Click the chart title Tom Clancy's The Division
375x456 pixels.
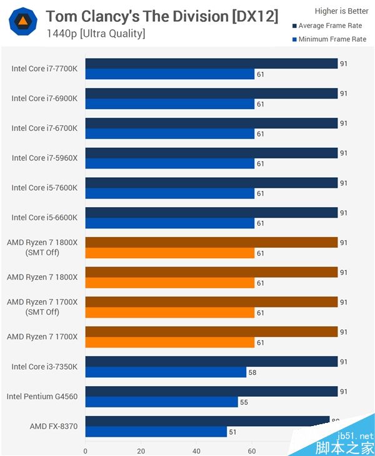(x=162, y=16)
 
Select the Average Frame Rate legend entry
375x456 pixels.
(x=329, y=26)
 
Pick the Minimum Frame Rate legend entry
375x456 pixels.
(x=329, y=39)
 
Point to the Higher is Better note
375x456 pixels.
(x=341, y=11)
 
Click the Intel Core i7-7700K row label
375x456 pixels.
(x=44, y=69)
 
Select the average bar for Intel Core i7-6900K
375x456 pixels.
(x=211, y=94)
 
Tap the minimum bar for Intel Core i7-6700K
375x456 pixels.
(x=169, y=133)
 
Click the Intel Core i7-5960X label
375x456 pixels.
(x=44, y=158)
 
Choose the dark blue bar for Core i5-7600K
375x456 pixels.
(x=211, y=183)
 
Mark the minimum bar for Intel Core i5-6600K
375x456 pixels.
(x=169, y=223)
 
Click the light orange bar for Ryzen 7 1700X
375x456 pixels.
(x=169, y=342)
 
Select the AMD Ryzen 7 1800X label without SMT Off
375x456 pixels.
(x=42, y=277)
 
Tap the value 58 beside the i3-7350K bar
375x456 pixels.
(x=252, y=372)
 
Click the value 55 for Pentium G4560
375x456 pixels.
(x=244, y=402)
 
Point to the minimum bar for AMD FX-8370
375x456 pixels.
(x=156, y=432)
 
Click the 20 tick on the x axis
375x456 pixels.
(x=141, y=450)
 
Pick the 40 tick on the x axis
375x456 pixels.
(x=197, y=450)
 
